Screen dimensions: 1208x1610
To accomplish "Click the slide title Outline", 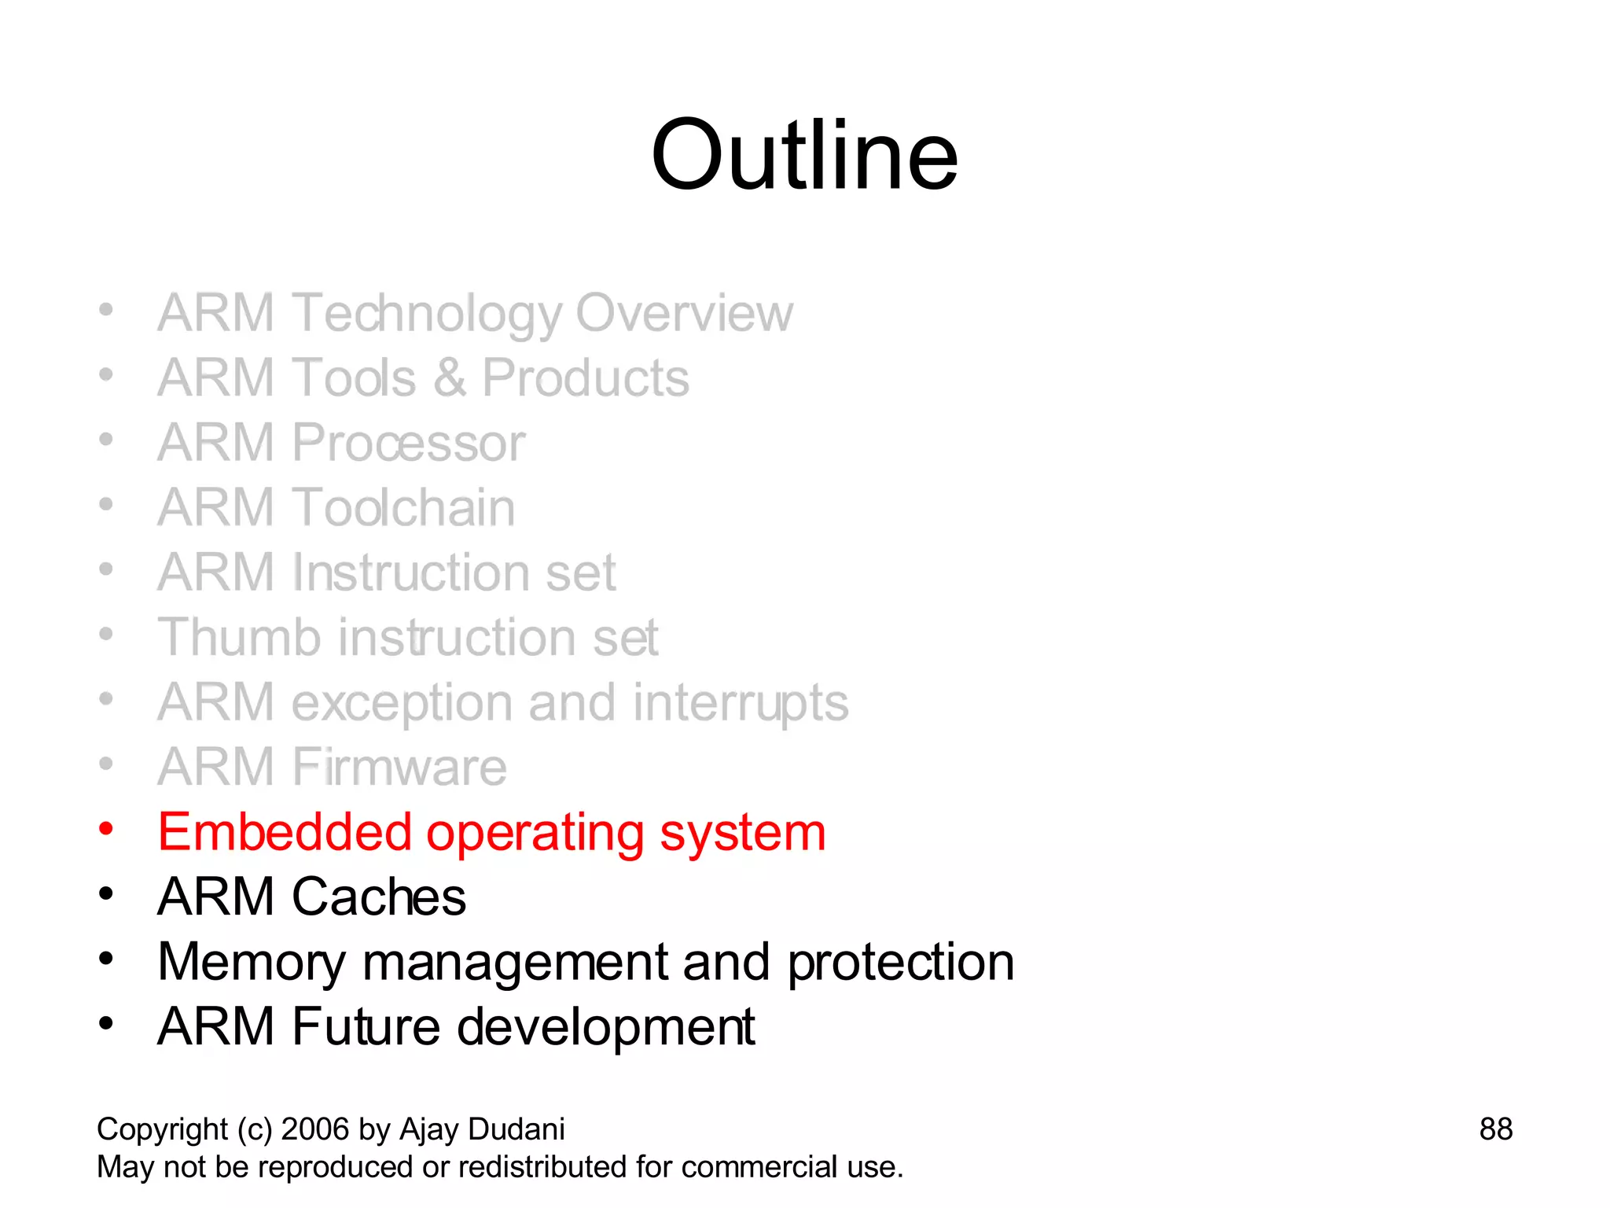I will [804, 155].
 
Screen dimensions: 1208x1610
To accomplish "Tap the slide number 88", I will [1495, 1129].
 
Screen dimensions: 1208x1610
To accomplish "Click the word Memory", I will [251, 962].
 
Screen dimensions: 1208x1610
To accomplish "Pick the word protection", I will [900, 962].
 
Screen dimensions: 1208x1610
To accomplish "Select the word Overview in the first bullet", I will [684, 313].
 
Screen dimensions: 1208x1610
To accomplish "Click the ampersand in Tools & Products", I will [449, 378].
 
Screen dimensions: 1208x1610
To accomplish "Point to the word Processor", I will [408, 443].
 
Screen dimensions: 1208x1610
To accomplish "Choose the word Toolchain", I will [403, 507].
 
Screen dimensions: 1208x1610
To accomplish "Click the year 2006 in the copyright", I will [314, 1129].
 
